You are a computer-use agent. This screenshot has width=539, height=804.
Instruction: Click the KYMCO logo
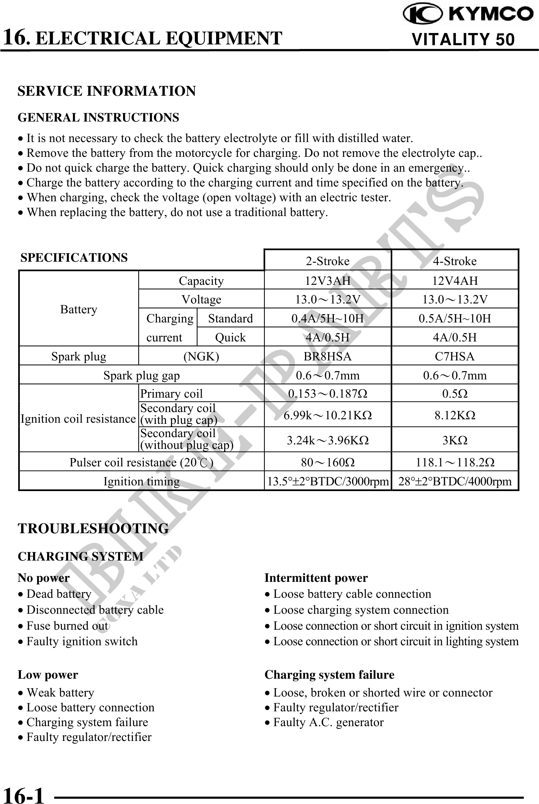click(468, 14)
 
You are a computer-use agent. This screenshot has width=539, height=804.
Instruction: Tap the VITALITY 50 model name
click(463, 39)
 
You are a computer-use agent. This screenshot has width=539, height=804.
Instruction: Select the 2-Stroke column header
click(327, 261)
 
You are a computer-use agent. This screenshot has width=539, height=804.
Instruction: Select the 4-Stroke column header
click(455, 261)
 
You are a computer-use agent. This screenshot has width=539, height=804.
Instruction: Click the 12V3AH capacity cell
click(327, 281)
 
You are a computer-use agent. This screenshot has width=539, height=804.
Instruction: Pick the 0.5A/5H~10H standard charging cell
click(455, 318)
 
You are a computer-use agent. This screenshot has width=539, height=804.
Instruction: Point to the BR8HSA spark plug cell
click(327, 356)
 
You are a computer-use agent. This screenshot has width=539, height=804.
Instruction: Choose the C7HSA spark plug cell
click(455, 356)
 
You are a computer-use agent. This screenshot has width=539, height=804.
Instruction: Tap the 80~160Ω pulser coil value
click(327, 462)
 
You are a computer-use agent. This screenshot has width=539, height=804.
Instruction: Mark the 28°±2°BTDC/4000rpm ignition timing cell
click(455, 482)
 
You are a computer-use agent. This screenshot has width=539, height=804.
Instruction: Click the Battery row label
click(79, 310)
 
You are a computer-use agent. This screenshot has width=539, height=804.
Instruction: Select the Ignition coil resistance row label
click(78, 419)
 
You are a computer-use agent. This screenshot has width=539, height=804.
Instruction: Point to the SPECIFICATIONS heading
click(74, 257)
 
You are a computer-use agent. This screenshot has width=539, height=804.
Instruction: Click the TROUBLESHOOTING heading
click(93, 528)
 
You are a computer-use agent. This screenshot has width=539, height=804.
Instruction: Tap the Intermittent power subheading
click(316, 578)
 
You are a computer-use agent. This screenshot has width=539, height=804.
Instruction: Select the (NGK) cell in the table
click(201, 356)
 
